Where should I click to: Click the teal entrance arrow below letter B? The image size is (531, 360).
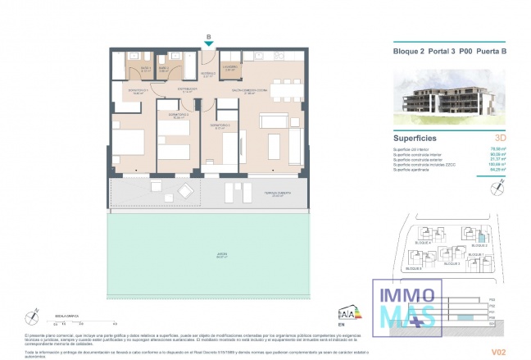click(210, 43)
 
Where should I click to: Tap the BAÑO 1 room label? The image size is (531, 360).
click(143, 69)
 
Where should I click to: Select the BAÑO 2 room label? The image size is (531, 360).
click(164, 69)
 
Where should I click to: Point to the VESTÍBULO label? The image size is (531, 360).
click(208, 74)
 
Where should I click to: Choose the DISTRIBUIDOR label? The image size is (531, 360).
click(188, 89)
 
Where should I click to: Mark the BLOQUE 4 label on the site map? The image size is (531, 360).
click(423, 244)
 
